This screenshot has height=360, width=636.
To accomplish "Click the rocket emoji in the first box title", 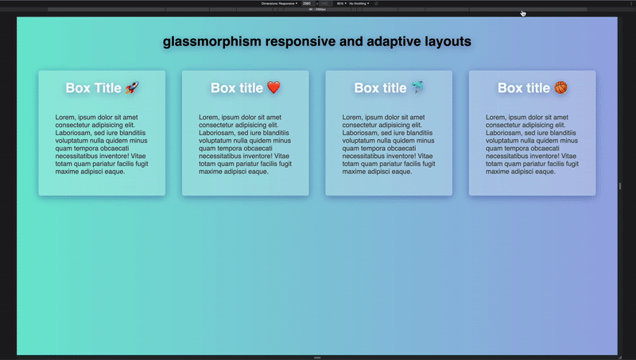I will pyautogui.click(x=133, y=87).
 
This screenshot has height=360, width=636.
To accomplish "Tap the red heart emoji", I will pyautogui.click(x=273, y=87).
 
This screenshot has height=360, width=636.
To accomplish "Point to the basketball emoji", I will pyautogui.click(x=561, y=87).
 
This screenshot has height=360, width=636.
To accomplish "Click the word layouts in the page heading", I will pyautogui.click(x=442, y=41).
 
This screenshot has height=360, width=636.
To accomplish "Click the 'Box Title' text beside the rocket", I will pyautogui.click(x=94, y=87).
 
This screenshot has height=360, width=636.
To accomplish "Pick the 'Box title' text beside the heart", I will pyautogui.click(x=236, y=87).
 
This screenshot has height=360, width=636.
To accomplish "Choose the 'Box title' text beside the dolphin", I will pyautogui.click(x=380, y=87).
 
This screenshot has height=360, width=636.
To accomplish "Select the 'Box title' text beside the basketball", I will pyautogui.click(x=524, y=87).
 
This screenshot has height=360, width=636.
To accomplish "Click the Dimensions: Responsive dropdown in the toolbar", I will pyautogui.click(x=280, y=3).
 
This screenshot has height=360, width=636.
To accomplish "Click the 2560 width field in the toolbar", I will pyautogui.click(x=306, y=3).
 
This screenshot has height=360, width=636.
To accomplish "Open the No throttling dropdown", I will pyautogui.click(x=359, y=3).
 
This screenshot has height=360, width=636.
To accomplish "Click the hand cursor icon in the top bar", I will pyautogui.click(x=523, y=13).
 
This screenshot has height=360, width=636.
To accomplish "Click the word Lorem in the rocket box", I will pyautogui.click(x=64, y=117).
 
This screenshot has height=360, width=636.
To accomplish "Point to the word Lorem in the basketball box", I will pyautogui.click(x=495, y=117).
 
